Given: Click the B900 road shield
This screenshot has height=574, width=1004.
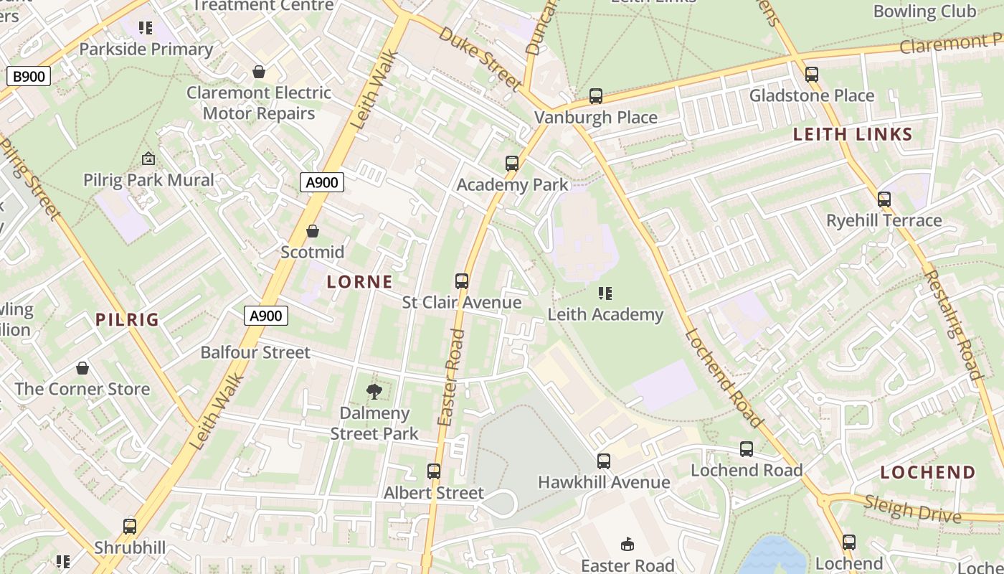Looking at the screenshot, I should point(29,76).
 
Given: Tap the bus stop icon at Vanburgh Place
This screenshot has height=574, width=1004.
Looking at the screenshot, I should point(595,96).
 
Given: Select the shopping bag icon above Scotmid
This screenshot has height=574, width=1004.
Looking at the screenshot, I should point(313,231).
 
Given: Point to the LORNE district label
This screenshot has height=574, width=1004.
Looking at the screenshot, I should point(359,282).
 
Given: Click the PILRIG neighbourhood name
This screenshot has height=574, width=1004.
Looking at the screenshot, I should point(127,320).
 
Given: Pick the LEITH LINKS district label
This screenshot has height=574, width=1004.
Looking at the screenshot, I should point(852,134).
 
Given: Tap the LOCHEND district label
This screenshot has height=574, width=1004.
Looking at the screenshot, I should point(927,472).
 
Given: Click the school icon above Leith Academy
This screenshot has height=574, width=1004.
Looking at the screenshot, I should point(605,293).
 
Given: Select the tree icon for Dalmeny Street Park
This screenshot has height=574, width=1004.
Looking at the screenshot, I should point(374,392).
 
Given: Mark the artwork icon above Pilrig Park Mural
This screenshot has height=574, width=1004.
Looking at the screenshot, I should point(148,159).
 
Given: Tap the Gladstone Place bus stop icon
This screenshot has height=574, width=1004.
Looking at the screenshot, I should point(811,75).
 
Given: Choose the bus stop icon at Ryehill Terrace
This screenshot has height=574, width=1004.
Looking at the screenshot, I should point(884,199).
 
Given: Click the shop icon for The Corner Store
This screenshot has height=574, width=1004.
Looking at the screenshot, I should point(82,368).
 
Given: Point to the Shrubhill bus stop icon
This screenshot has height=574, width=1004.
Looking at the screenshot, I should point(130,527).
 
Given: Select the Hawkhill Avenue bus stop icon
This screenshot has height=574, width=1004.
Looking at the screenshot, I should point(604,461).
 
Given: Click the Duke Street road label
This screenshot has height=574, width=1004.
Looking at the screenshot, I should point(480,59).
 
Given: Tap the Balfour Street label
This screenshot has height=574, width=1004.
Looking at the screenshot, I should point(255,352).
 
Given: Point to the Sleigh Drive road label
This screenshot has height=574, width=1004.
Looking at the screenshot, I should point(911,509).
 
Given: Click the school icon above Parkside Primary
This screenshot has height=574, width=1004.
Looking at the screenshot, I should point(146,28).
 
